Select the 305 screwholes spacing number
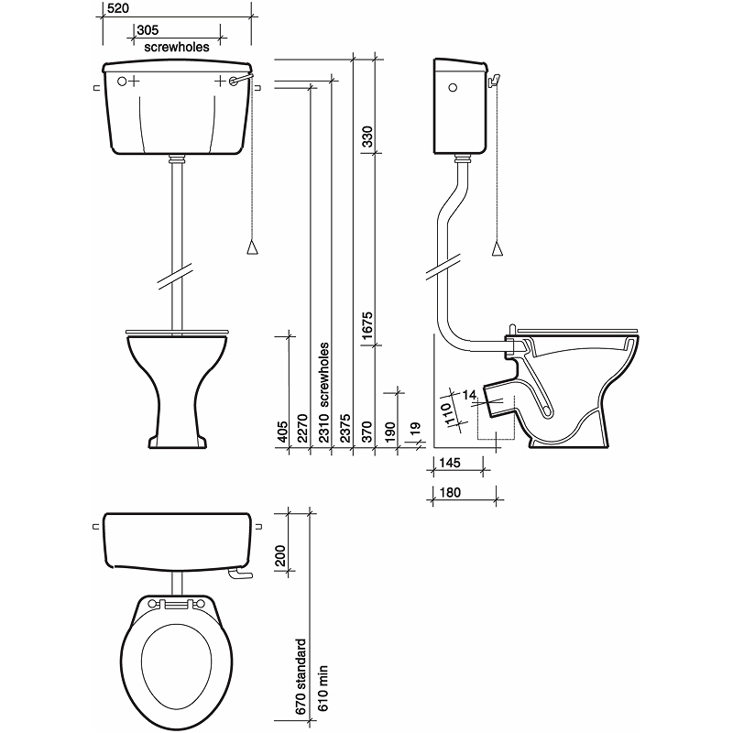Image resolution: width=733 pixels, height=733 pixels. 148,29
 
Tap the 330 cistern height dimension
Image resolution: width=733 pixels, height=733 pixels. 367,136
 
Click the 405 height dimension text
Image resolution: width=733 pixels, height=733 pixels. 282,431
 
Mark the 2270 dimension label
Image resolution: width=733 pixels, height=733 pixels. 302,429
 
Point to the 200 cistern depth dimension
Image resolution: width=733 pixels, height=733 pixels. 280,556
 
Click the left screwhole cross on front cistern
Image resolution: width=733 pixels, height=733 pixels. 134,82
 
